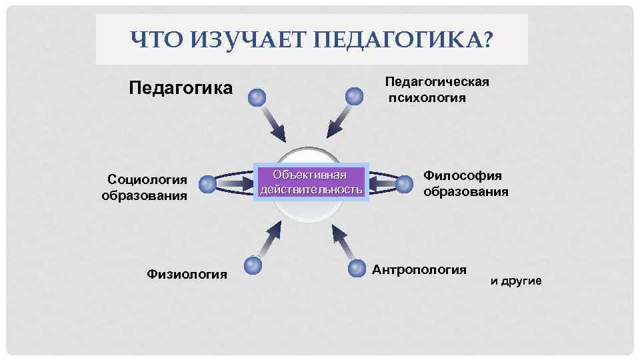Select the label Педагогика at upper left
(x=180, y=88)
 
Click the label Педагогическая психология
(x=437, y=90)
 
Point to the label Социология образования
(x=144, y=187)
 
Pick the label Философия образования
(x=465, y=183)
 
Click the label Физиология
(x=187, y=274)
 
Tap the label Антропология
(x=419, y=270)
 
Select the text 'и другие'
(x=516, y=281)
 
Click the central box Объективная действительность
(x=312, y=182)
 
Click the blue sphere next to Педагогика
(x=257, y=98)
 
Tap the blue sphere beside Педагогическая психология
(x=354, y=96)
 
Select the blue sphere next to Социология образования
(x=208, y=183)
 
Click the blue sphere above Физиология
(x=253, y=265)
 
